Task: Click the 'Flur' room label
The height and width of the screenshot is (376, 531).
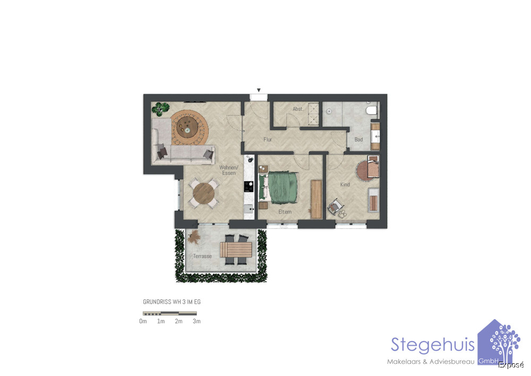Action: click(268, 139)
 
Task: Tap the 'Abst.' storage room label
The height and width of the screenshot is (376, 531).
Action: click(298, 109)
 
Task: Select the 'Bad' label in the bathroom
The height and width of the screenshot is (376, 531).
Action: click(358, 139)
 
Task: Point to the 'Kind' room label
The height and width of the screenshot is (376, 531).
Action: click(345, 185)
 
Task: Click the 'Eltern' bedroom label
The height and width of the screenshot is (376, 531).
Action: click(285, 212)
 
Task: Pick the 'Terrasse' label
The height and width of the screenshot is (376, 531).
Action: click(202, 256)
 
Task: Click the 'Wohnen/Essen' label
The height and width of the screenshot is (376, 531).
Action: click(228, 170)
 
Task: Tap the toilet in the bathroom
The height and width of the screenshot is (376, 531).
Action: click(372, 110)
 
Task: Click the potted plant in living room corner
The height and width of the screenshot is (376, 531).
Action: click(160, 108)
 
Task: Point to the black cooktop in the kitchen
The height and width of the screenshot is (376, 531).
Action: click(249, 187)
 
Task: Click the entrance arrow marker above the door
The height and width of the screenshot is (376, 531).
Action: click(259, 90)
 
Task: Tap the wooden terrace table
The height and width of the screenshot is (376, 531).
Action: click(236, 249)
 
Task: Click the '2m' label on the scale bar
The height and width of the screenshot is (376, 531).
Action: click(178, 321)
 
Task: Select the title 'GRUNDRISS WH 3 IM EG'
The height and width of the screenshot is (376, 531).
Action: click(172, 302)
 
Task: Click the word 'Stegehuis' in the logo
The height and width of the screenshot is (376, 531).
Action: click(433, 345)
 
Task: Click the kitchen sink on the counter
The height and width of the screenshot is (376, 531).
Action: click(249, 209)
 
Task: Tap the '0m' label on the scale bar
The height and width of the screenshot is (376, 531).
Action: click(143, 321)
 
